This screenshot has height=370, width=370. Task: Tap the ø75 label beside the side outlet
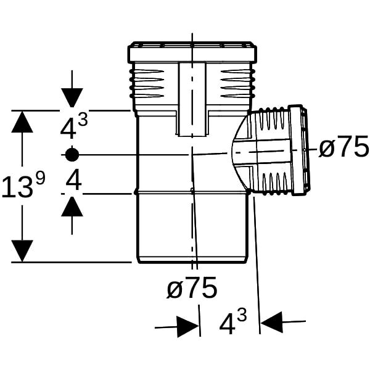pyautogui.click(x=343, y=147)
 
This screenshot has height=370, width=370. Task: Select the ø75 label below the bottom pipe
pyautogui.click(x=192, y=287)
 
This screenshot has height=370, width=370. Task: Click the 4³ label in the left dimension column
pyautogui.click(x=74, y=128)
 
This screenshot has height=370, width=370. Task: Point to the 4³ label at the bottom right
pyautogui.click(x=233, y=321)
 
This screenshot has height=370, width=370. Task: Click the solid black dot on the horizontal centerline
pyautogui.click(x=72, y=155)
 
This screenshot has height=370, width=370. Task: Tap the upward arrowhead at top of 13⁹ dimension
pyautogui.click(x=22, y=121)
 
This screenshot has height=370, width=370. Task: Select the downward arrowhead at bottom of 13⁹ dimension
pyautogui.click(x=22, y=251)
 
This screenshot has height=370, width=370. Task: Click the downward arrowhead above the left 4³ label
pyautogui.click(x=72, y=97)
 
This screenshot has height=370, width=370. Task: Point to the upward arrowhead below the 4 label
pyautogui.click(x=72, y=206)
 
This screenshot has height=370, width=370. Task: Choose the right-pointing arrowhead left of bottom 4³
pyautogui.click(x=187, y=327)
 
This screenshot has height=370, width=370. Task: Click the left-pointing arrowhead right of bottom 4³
pyautogui.click(x=272, y=322)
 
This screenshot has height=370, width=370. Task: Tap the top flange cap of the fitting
pyautogui.click(x=192, y=52)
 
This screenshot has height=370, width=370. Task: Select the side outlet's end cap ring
pyautogui.click(x=299, y=150)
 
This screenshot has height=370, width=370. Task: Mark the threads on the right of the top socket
pyautogui.click(x=237, y=83)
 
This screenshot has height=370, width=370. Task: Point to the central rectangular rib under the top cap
pyautogui.click(x=192, y=99)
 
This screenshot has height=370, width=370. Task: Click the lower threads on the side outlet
pyautogui.click(x=275, y=184)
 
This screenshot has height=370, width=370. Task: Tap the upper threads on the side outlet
pyautogui.click(x=274, y=118)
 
